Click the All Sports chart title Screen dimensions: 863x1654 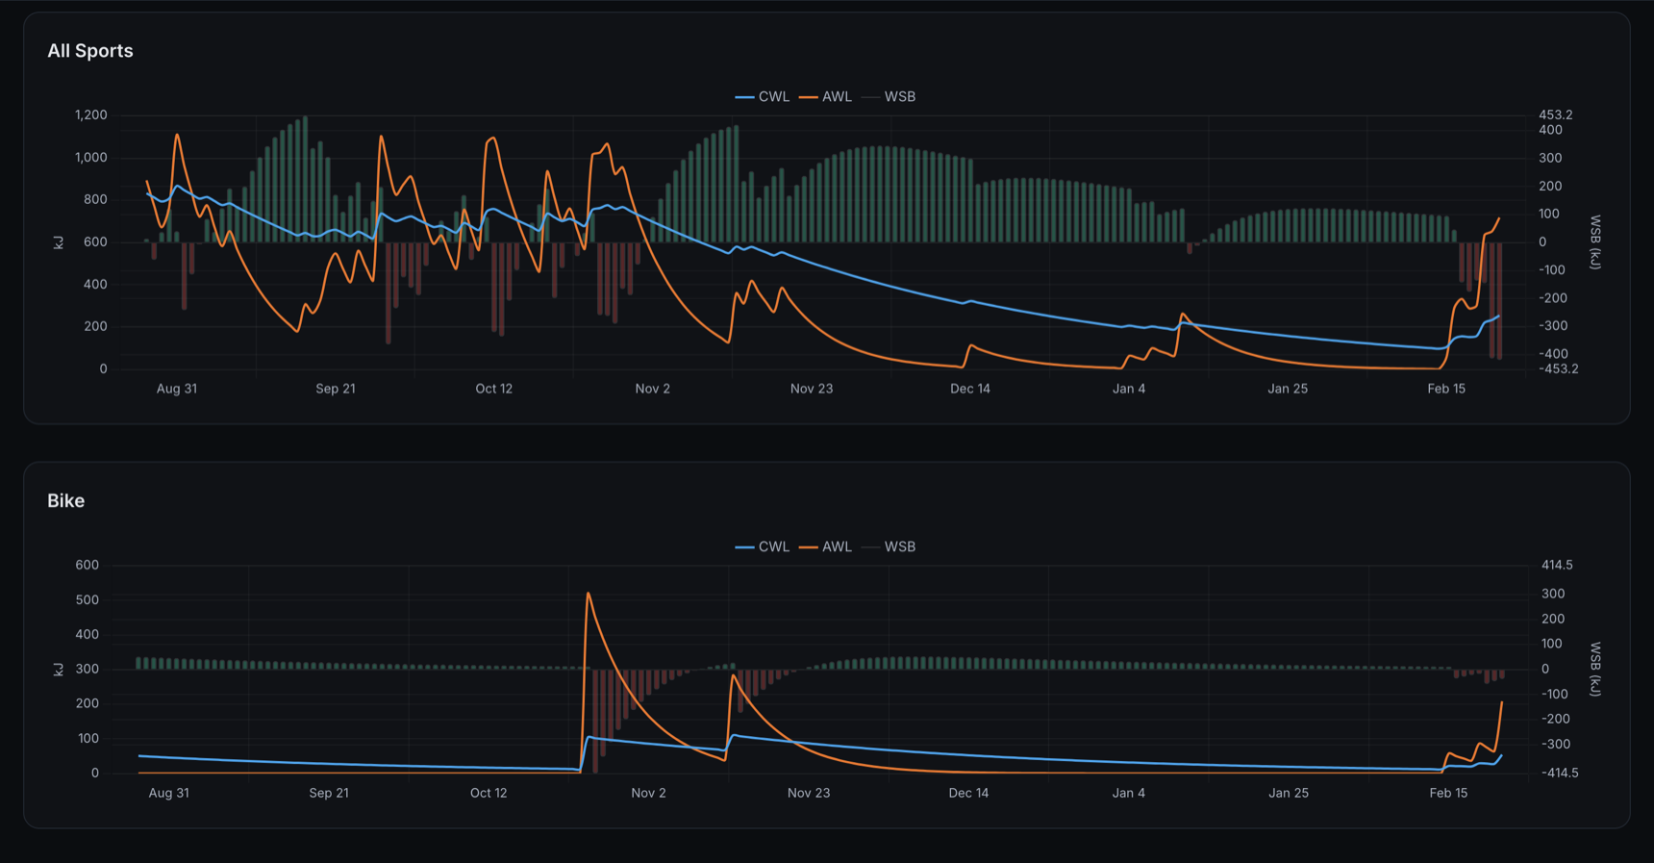point(90,51)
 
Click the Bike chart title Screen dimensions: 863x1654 point(66,501)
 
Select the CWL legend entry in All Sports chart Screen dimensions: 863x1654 point(763,97)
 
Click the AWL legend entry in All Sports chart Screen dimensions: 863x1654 point(826,97)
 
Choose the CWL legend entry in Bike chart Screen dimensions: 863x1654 point(763,547)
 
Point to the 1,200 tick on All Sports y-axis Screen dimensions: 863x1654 point(91,115)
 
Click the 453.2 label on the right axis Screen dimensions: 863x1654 point(1555,115)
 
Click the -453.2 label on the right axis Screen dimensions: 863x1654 point(1558,369)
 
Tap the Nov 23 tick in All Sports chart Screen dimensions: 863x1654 point(812,389)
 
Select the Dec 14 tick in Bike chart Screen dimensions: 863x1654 point(968,794)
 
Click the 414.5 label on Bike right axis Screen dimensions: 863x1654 point(1557,566)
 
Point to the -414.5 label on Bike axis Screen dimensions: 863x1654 point(1558,774)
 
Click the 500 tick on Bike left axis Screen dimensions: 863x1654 point(88,600)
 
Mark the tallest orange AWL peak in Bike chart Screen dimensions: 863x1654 point(589,595)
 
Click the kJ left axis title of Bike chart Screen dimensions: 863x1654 point(59,670)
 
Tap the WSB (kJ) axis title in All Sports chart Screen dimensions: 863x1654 point(1594,242)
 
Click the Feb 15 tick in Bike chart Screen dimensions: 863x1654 point(1448,794)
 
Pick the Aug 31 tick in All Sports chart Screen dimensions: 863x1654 point(177,389)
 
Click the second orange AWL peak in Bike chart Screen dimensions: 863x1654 point(733,676)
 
